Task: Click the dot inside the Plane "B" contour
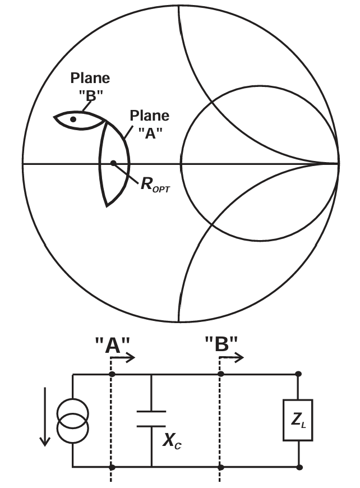tap(73, 119)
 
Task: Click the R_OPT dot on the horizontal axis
tap(113, 163)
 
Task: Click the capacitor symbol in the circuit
tap(151, 418)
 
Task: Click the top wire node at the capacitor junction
tap(151, 373)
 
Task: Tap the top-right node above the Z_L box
tap(299, 373)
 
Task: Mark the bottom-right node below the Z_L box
tap(299, 467)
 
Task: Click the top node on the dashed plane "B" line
tap(220, 373)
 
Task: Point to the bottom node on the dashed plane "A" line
tap(112, 467)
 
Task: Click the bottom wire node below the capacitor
tap(151, 467)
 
